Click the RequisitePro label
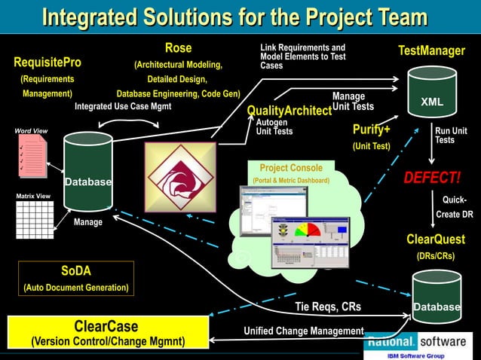47,62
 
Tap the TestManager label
431,50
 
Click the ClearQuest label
436,239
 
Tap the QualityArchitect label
290,111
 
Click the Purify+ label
371,130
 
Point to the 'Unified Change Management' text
304,331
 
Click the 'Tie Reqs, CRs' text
328,307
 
